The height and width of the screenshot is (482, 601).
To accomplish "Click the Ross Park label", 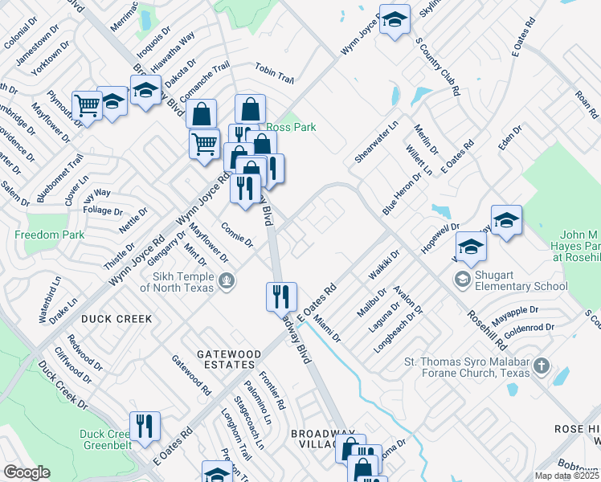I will point(291,127).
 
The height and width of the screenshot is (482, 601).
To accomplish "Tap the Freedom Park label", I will point(49,235).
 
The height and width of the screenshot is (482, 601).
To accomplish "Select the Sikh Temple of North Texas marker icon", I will point(227,280).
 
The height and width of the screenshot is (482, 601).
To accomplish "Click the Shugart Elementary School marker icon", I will point(462,279).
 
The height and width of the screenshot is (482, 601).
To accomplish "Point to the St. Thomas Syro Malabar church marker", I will point(542,366).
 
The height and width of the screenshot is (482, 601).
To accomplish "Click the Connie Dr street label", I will point(237,235).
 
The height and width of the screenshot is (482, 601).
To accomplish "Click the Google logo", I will point(27,472).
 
